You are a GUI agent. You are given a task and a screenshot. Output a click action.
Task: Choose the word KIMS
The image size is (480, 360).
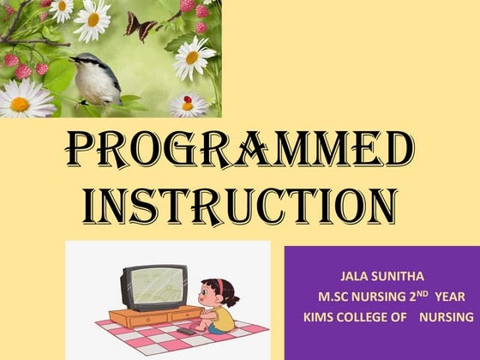click(x=320, y=317)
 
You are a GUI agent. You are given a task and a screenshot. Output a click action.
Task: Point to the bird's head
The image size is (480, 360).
click(x=84, y=62)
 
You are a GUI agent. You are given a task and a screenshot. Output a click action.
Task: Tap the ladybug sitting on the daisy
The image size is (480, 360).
click(x=187, y=102)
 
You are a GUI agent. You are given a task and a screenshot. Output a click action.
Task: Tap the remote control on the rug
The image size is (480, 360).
click(x=184, y=330)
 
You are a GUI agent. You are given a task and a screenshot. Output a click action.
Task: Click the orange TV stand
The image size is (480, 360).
click(x=150, y=317)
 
